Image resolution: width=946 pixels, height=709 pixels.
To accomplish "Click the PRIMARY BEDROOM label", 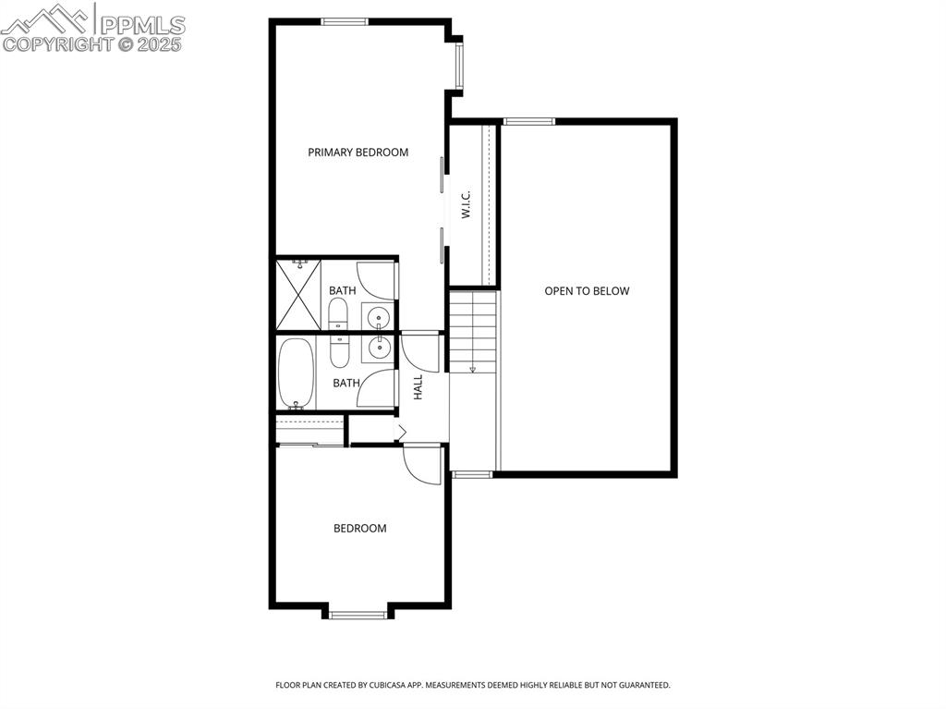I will click(x=358, y=153).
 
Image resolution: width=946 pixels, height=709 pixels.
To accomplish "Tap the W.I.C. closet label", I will click(x=467, y=204).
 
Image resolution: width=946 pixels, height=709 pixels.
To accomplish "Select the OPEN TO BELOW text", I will click(x=587, y=291).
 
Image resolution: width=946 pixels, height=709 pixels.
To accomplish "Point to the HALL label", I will click(x=418, y=386).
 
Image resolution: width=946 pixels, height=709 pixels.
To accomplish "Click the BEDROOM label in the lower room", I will click(x=359, y=529).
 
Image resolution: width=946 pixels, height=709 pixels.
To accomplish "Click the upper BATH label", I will click(x=342, y=290).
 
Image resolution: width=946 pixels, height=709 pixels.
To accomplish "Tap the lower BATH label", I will click(x=346, y=383).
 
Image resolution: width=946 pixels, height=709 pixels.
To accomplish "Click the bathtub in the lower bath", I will click(x=297, y=373).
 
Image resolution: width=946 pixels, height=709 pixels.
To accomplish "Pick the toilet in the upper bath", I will click(x=339, y=313).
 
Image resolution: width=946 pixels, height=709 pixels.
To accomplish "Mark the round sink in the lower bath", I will click(x=379, y=347).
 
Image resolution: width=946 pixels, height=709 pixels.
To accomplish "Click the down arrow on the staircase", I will click(x=473, y=368).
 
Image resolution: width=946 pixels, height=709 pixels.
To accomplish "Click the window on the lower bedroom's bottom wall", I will click(x=358, y=614).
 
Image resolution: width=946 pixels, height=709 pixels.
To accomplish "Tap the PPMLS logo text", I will click(x=141, y=25).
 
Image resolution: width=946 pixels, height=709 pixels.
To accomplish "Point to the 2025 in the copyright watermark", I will click(x=161, y=43).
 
